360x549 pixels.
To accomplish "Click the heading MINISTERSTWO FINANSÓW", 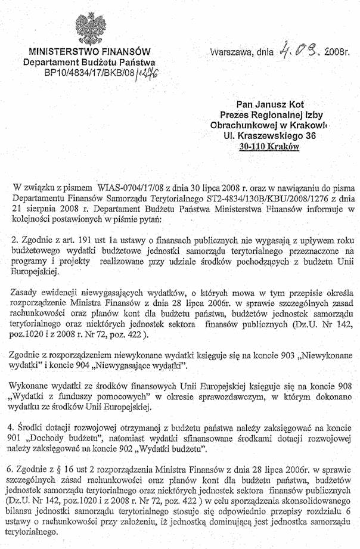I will [x=89, y=52].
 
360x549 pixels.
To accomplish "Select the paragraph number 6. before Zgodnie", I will [x=15, y=483].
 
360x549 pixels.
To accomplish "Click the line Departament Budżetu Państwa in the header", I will [x=89, y=63].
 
